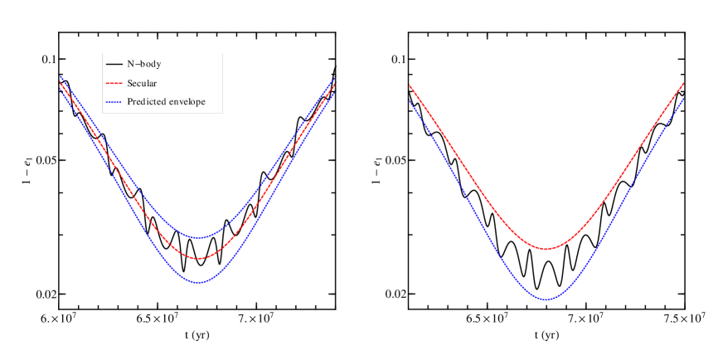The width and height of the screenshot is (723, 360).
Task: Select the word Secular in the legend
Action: (142, 83)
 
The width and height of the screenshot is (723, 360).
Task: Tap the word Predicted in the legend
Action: (148, 102)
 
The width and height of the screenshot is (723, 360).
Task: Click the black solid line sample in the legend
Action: (114, 64)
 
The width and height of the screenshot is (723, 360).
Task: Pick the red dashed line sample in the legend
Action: (114, 83)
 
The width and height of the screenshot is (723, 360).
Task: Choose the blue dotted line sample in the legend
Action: (114, 102)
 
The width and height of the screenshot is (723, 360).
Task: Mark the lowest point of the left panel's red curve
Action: (199, 258)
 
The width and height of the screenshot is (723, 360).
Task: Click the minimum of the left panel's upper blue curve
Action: (199, 237)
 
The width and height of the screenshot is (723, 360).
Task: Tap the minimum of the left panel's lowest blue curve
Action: (199, 282)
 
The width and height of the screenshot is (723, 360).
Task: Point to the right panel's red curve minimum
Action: (546, 248)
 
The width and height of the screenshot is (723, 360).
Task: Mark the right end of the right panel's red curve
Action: (683, 82)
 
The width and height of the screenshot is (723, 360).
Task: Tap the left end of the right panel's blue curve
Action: (409, 100)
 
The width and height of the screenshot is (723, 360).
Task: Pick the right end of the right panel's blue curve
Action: (683, 99)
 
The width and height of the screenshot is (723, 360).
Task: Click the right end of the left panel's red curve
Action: (334, 84)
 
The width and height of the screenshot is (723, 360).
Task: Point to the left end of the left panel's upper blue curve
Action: (61, 76)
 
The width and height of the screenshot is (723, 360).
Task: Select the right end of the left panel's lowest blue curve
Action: (334, 93)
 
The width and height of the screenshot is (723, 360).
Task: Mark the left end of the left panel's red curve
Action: (61, 83)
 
